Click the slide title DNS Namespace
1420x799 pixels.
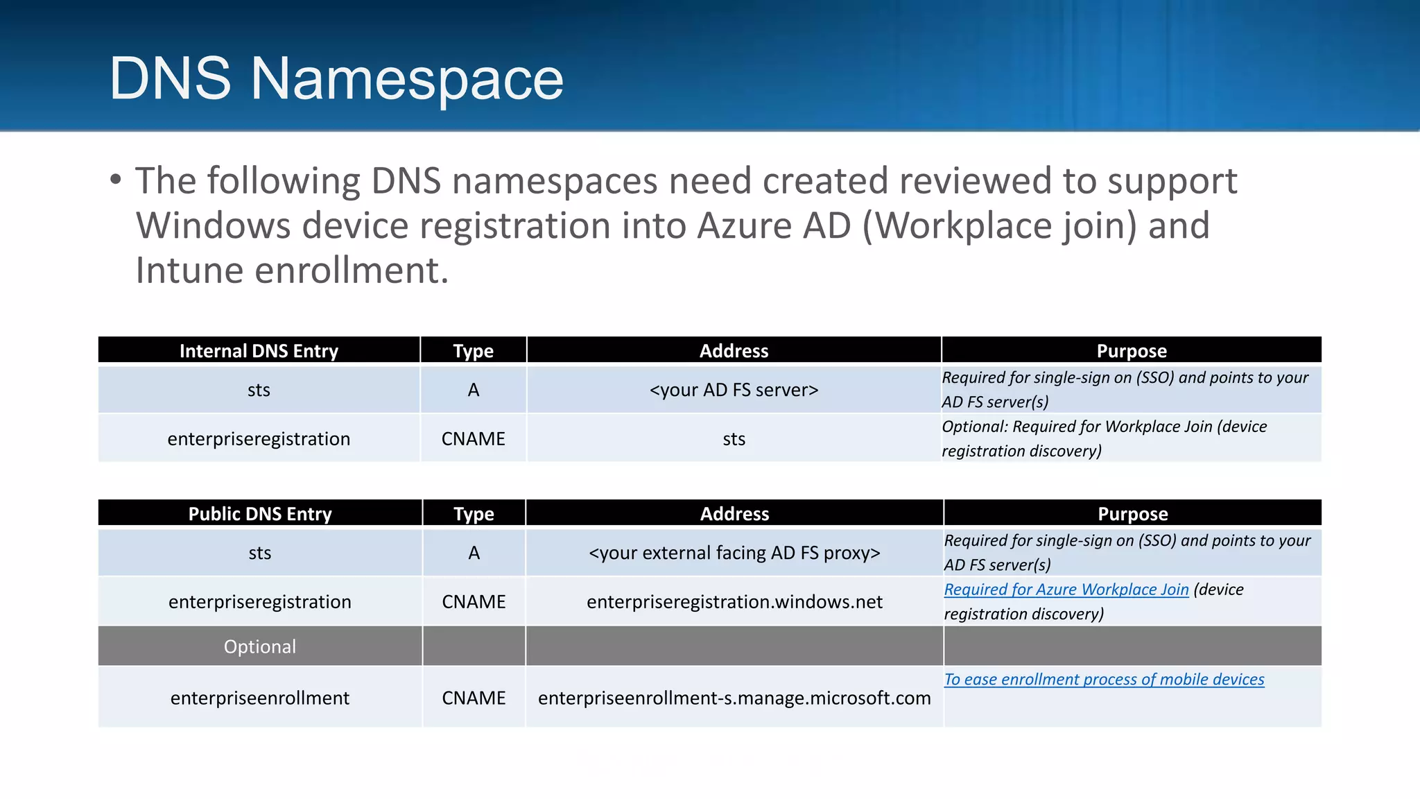(x=336, y=78)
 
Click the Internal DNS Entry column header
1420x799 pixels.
(x=259, y=351)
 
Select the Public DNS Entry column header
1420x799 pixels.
(x=260, y=514)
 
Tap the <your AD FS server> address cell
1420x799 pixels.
(x=734, y=390)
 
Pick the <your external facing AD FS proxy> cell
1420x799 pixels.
(x=734, y=553)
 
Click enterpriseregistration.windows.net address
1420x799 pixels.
(x=734, y=601)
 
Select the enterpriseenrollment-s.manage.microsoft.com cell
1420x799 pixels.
(x=734, y=698)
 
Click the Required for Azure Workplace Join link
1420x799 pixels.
(x=1066, y=590)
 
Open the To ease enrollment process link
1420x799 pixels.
(x=1104, y=680)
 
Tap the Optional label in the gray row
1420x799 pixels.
(x=260, y=646)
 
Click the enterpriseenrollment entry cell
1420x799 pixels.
(x=260, y=698)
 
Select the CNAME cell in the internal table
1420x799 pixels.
(x=474, y=439)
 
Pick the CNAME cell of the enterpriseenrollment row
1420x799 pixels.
(x=474, y=698)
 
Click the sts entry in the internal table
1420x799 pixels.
(x=259, y=390)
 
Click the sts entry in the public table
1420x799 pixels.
(x=260, y=553)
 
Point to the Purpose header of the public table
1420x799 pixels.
(x=1132, y=514)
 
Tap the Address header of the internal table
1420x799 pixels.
(x=734, y=351)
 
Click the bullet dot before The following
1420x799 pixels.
(x=116, y=180)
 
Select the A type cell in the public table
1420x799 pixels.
(x=474, y=553)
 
